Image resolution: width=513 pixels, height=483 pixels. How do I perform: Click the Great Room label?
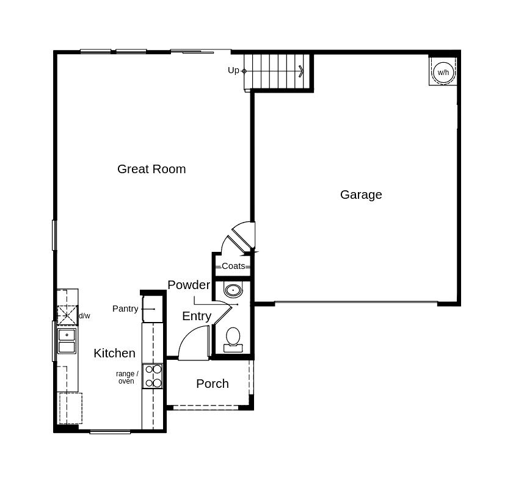coord(151,169)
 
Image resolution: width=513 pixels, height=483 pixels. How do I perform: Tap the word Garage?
coord(361,195)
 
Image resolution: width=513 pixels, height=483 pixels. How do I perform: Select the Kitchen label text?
coord(114,353)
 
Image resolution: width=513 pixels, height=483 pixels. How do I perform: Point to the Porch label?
coord(213,384)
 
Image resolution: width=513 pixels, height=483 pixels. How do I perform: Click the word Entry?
coord(197,316)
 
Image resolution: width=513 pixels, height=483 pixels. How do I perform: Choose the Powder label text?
coord(189,285)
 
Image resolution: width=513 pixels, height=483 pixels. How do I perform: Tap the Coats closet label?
coord(233,266)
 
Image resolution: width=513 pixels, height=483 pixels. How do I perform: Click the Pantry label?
coord(125,309)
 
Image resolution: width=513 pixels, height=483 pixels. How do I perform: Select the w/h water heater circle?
coord(443,73)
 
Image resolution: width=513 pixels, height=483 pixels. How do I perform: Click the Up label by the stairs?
coord(233,70)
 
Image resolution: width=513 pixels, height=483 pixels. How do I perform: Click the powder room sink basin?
coord(233,290)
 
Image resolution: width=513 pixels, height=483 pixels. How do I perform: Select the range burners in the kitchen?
coord(153,376)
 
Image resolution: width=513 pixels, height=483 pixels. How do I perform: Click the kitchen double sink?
coord(67,341)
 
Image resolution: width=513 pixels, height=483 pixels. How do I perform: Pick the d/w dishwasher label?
coord(84,316)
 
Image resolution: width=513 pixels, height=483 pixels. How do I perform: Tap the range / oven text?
coord(127,377)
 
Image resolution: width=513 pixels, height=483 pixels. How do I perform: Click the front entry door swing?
coord(194,344)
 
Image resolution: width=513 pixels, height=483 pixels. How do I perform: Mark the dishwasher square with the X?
coord(67,315)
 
